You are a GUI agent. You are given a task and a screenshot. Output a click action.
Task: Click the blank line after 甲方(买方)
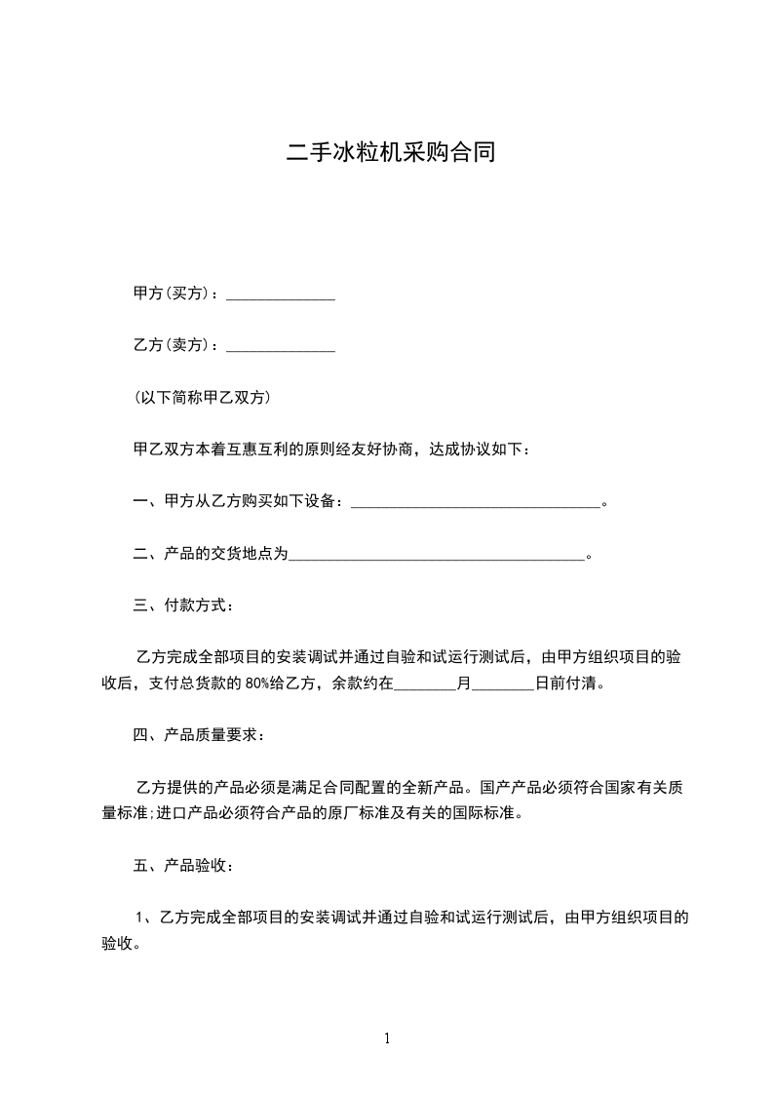coord(281,295)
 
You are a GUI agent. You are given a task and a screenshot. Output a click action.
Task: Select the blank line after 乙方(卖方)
coord(281,347)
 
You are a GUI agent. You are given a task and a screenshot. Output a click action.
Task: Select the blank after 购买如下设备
coord(476,503)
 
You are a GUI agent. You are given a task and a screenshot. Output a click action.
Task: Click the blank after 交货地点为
coord(438,556)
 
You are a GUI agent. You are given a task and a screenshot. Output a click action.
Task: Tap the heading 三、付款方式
coord(182,606)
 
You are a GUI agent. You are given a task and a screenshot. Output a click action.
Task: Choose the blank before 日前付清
coord(503,685)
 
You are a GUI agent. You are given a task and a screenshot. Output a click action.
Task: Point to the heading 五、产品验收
coord(182,865)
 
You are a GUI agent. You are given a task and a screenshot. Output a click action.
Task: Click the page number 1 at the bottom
coord(387,1038)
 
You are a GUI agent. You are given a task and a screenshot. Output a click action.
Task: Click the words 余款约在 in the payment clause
coord(363,684)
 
